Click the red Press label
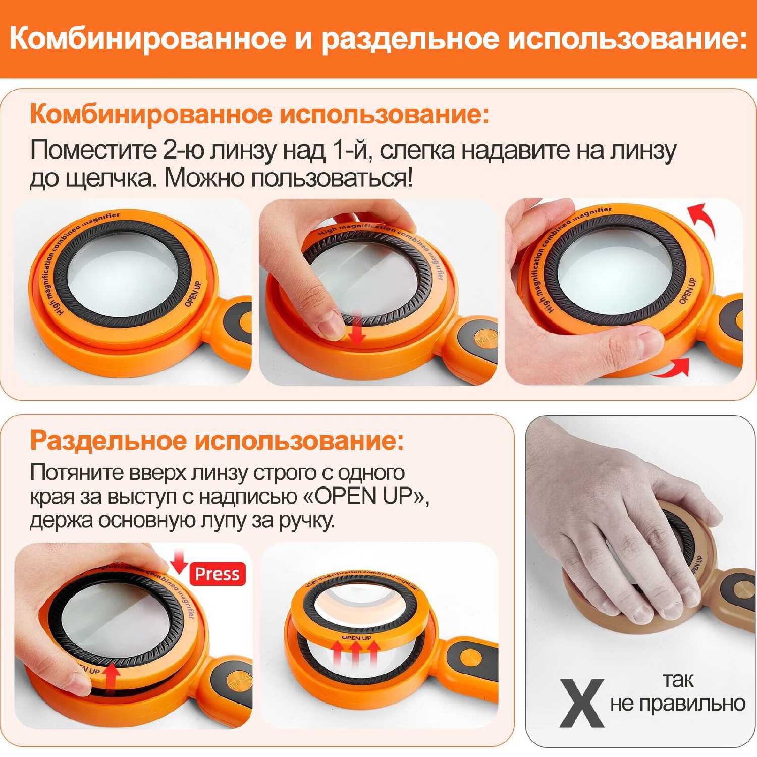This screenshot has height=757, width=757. [218, 574]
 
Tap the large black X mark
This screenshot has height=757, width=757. [582, 703]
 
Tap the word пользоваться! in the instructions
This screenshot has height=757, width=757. [332, 178]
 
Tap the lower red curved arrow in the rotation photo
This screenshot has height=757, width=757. [671, 367]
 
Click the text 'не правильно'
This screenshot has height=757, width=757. [678, 704]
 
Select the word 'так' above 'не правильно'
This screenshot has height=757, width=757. [678, 680]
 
